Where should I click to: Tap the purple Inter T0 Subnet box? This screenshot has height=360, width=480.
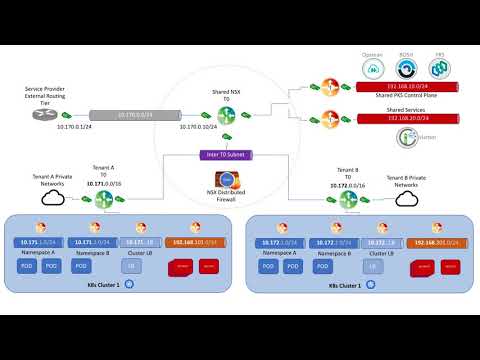224,155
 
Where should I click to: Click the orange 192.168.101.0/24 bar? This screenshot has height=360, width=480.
191,243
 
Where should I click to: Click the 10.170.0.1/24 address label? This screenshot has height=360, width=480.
74,128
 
